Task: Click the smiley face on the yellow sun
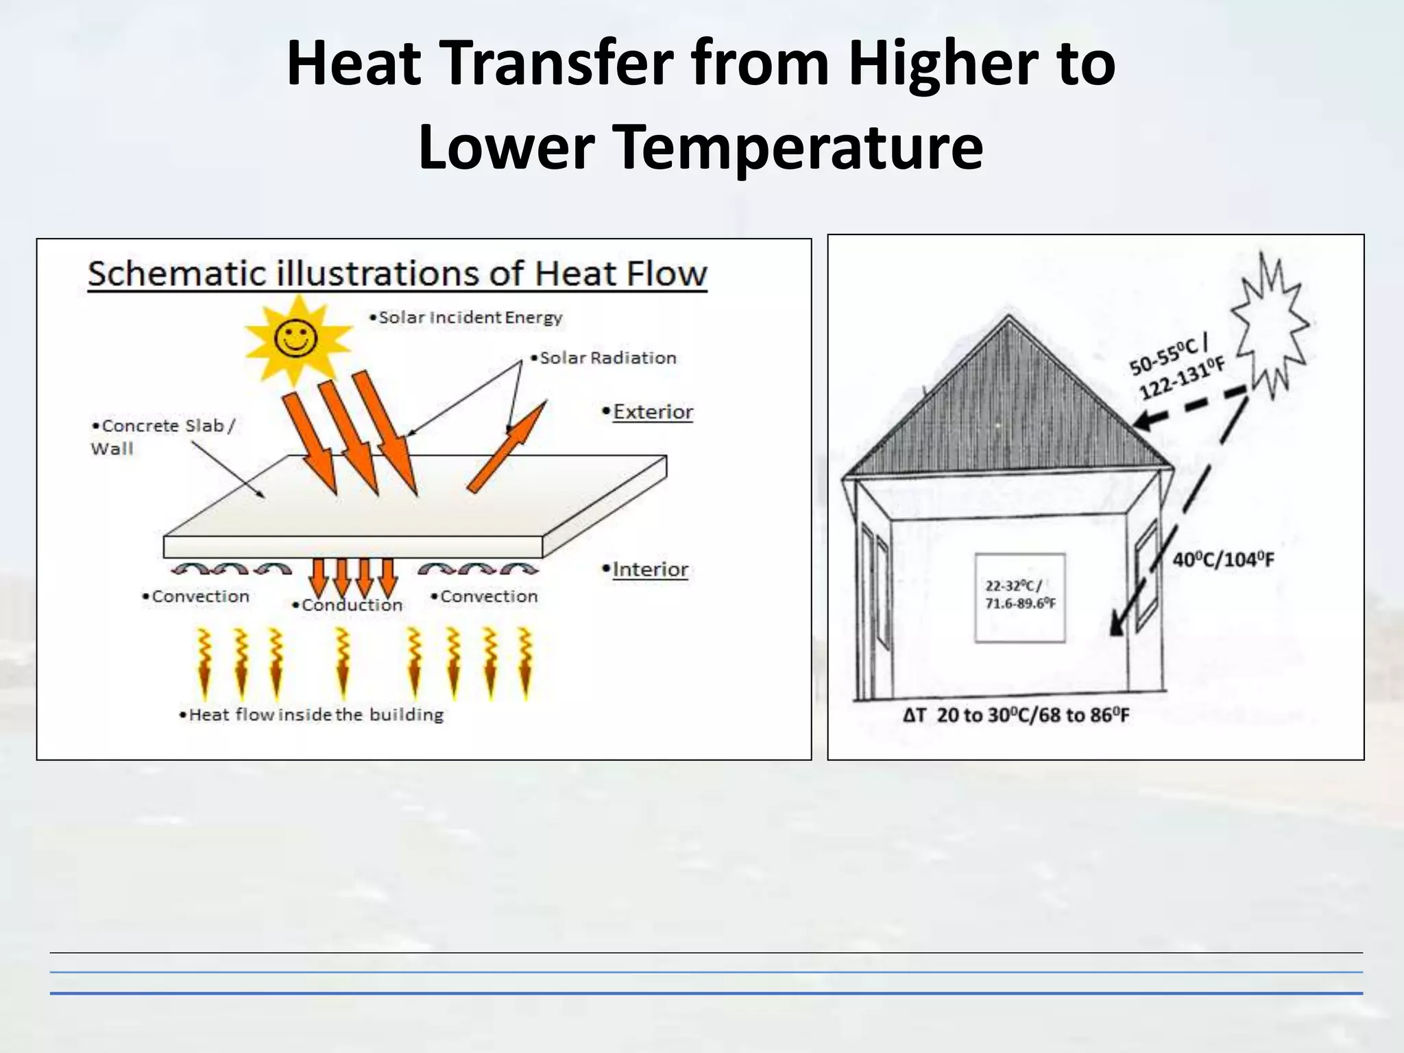[x=295, y=337]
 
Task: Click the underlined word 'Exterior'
[x=653, y=412]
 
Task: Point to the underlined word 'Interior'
[x=650, y=570]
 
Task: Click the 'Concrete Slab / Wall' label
[x=163, y=437]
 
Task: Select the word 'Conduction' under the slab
[x=352, y=605]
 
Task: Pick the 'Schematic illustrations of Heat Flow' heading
[x=397, y=274]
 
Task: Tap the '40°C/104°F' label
[x=1223, y=560]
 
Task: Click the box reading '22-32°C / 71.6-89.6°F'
[x=1020, y=597]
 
